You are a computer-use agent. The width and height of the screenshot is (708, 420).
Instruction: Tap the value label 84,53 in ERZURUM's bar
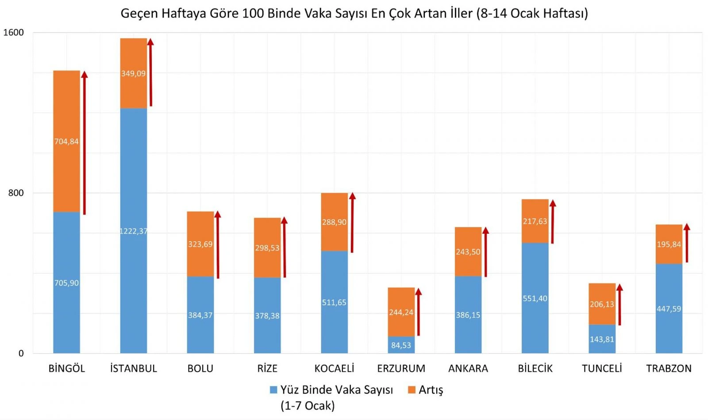point(401,345)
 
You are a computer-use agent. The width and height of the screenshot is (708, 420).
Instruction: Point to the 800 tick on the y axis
point(16,193)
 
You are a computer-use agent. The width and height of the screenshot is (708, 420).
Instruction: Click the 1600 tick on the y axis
point(13,32)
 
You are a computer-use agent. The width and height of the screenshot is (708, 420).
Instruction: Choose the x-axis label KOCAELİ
point(334,368)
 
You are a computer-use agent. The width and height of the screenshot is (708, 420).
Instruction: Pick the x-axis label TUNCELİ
point(602,368)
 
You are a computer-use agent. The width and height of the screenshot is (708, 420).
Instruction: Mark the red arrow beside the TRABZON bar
point(687,243)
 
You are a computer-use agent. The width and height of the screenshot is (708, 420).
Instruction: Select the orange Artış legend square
point(412,390)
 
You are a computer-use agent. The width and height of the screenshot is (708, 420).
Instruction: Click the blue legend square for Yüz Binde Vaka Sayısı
point(273,390)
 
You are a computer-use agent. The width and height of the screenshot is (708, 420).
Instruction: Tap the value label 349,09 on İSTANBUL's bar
point(133,73)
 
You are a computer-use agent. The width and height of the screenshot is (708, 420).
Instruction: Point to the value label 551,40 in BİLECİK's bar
point(535,299)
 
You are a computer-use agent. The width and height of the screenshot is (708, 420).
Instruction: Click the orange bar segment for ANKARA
point(468,239)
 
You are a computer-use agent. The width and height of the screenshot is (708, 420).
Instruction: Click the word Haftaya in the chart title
point(185,13)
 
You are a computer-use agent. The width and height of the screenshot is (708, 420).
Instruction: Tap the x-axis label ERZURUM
point(401,368)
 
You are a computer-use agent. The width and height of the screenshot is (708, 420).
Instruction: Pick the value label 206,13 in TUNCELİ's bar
point(602,304)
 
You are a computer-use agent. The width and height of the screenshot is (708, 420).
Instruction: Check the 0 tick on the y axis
point(21,354)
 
